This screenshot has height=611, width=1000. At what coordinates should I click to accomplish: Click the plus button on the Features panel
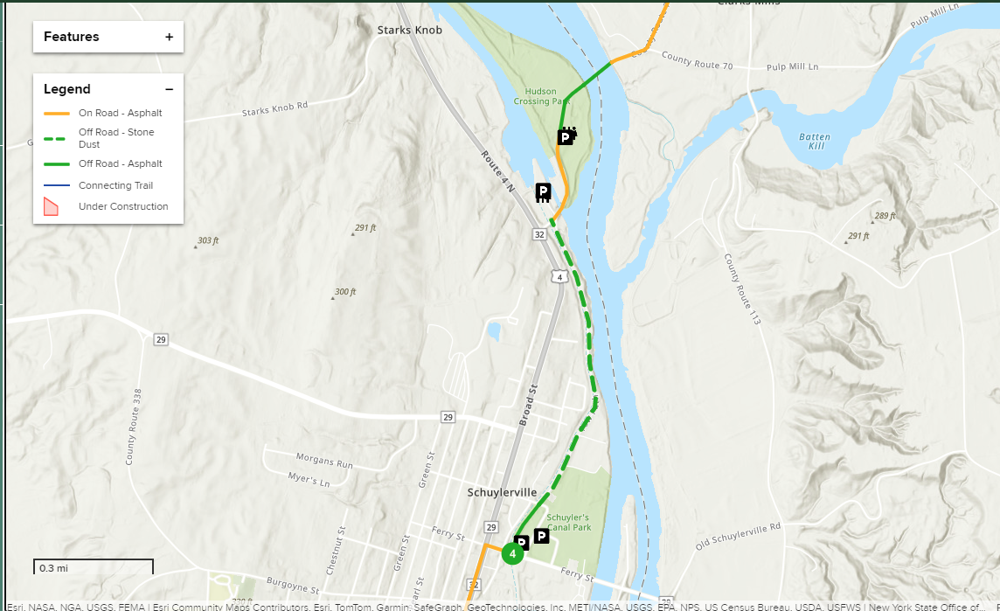tap(169, 37)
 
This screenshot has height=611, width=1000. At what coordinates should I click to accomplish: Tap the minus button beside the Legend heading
tap(169, 89)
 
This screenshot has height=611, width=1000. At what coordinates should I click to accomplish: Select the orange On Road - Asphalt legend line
tap(57, 113)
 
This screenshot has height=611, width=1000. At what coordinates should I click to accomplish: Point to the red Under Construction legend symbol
tap(51, 206)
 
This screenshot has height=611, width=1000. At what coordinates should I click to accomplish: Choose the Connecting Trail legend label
tap(115, 185)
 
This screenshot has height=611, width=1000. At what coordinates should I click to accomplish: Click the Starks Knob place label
tap(409, 30)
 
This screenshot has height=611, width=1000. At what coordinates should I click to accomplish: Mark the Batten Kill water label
tap(814, 142)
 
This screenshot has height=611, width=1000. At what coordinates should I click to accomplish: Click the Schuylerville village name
tap(502, 492)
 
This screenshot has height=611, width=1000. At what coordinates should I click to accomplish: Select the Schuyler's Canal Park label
tap(568, 522)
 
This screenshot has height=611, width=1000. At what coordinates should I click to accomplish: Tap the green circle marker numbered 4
tap(512, 552)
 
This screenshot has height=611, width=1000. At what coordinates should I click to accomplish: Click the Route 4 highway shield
tap(558, 276)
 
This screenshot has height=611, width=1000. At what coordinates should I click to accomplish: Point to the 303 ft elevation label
tap(208, 240)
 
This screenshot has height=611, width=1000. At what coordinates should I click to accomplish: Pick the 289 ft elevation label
tap(885, 216)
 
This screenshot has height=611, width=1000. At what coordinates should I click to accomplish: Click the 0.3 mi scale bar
tap(94, 567)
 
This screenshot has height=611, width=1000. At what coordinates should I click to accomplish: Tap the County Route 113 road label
tap(741, 289)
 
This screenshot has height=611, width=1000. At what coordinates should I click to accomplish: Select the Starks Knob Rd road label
tap(274, 109)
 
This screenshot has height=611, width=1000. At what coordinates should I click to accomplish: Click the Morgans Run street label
tap(324, 462)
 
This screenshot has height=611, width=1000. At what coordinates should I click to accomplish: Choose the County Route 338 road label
tap(134, 427)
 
